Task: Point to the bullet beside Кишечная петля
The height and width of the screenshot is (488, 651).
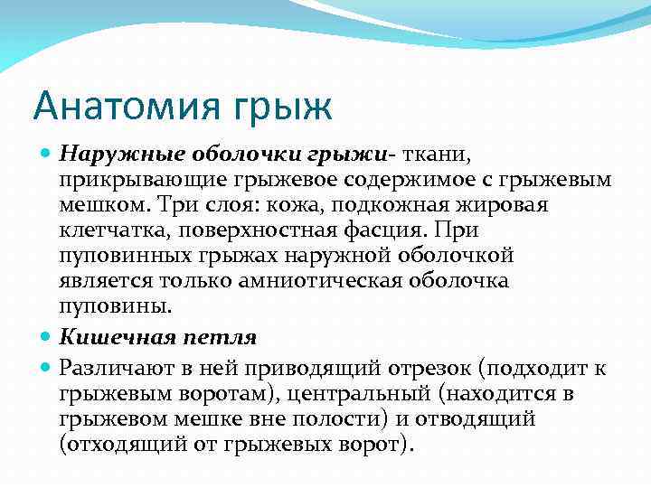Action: [48, 337]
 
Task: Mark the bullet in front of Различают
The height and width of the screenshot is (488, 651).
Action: [48, 367]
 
